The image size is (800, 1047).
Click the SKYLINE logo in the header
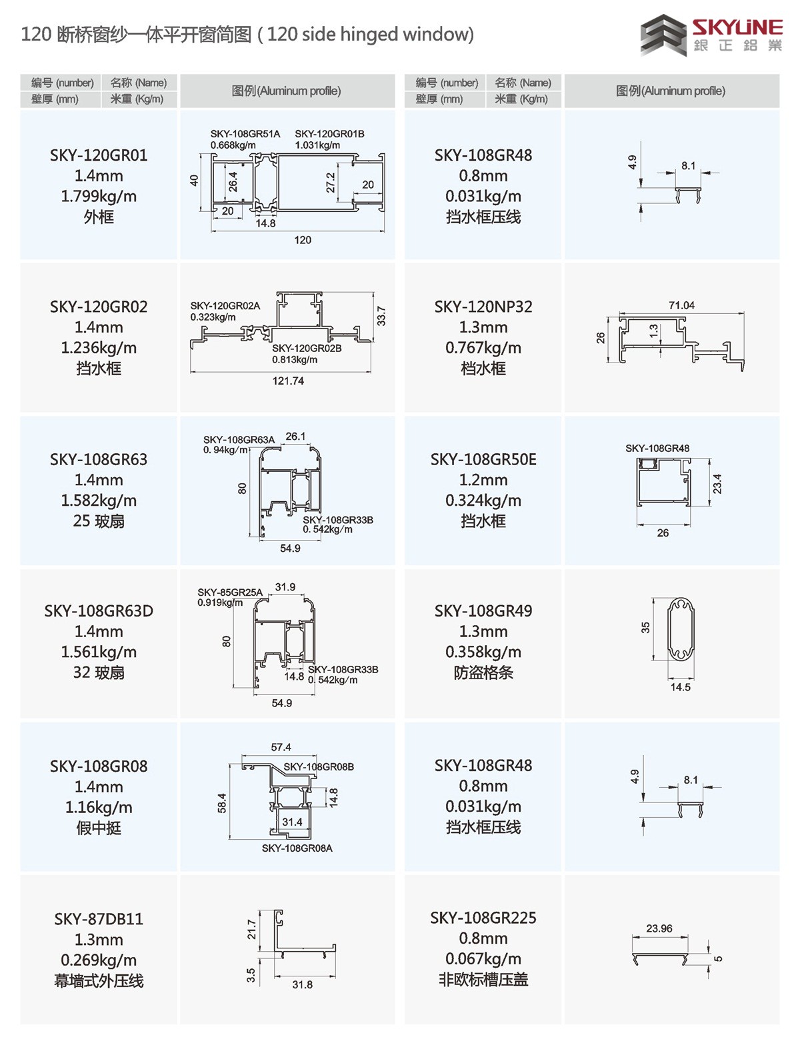(x=711, y=35)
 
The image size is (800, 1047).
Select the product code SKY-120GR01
(x=99, y=155)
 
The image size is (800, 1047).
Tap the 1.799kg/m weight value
(x=99, y=197)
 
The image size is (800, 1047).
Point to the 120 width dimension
(x=303, y=240)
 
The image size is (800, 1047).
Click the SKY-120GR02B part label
(x=307, y=349)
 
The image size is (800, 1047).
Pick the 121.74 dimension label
(x=288, y=381)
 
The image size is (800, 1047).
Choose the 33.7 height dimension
(x=381, y=316)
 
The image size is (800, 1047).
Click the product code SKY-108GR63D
(x=99, y=611)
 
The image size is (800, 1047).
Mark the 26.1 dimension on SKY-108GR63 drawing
(x=295, y=437)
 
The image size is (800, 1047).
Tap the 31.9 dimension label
(x=285, y=587)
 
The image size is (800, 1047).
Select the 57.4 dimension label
(x=281, y=748)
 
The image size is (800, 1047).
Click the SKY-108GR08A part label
(x=297, y=848)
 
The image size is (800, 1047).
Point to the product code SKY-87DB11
(x=99, y=919)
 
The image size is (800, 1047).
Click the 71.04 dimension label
(x=681, y=305)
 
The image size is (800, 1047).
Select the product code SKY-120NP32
(x=483, y=307)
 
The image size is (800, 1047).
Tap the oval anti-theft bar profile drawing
(x=681, y=629)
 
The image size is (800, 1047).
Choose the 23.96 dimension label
(x=659, y=928)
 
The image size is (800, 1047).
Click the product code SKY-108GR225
(x=483, y=918)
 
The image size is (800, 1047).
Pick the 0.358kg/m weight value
(x=483, y=652)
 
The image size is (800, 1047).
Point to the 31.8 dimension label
(x=302, y=984)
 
